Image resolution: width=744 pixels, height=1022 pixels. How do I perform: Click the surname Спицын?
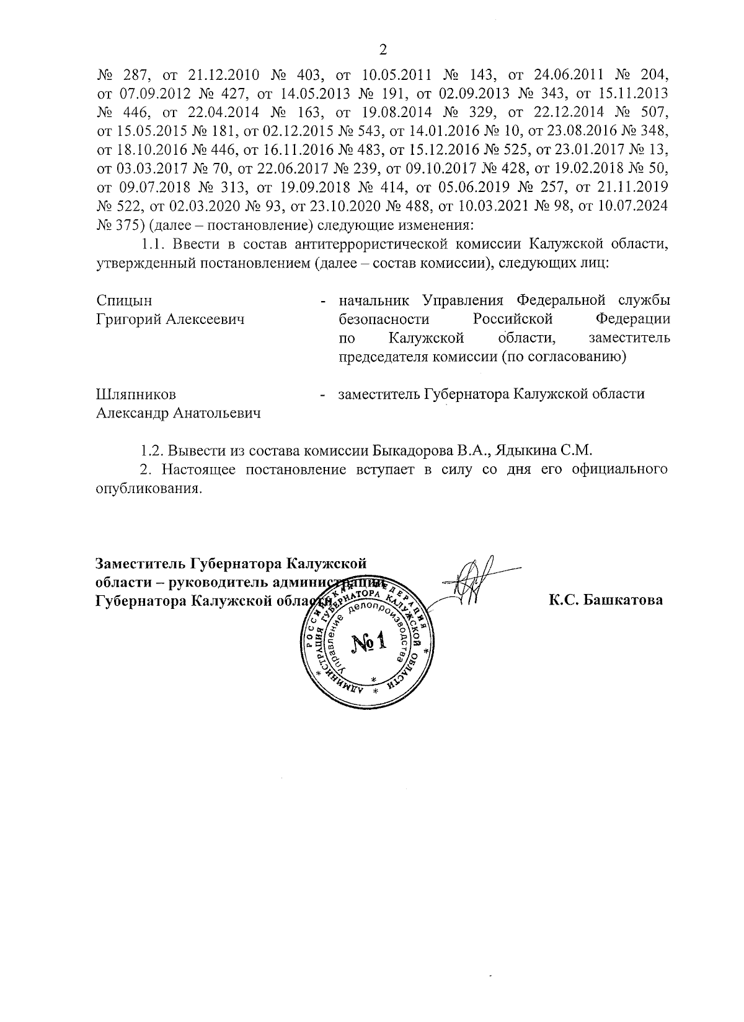point(124,301)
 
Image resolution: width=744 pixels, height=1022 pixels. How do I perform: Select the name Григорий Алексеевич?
point(170,320)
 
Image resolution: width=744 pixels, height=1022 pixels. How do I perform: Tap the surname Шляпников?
point(136,395)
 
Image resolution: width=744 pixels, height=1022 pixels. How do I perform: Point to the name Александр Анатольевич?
point(179,413)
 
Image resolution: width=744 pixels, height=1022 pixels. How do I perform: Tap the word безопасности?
point(384,320)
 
